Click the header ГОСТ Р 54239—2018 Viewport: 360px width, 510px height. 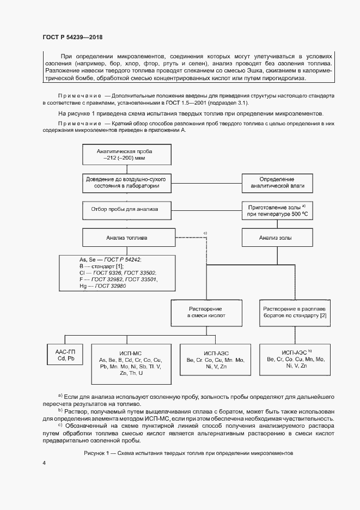pyautogui.click(x=72, y=37)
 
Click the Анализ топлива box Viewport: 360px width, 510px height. pyautogui.click(x=127, y=238)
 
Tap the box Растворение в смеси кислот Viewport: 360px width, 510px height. pyautogui.click(x=206, y=312)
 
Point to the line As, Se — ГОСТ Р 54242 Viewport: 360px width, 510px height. pyautogui.click(x=103, y=260)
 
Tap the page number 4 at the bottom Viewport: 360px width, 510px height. pyautogui.click(x=45, y=463)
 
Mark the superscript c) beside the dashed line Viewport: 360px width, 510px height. pyautogui.click(x=206, y=233)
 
